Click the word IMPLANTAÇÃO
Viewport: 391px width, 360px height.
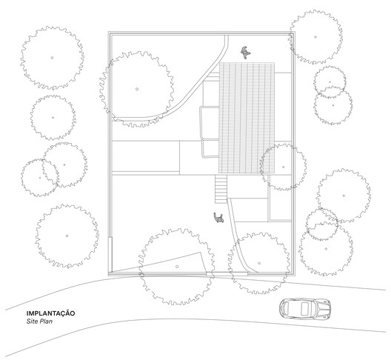pyautogui.click(x=50, y=313)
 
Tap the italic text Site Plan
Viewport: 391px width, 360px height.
pyautogui.click(x=39, y=321)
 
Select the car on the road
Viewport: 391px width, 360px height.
pyautogui.click(x=304, y=309)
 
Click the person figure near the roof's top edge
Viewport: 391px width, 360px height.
pyautogui.click(x=245, y=53)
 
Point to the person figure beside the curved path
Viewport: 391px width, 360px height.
pyautogui.click(x=218, y=218)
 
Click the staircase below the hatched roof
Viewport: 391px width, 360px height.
pyautogui.click(x=221, y=189)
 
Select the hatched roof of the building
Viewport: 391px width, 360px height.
pyautogui.click(x=247, y=118)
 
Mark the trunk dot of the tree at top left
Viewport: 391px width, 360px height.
pyautogui.click(x=52, y=58)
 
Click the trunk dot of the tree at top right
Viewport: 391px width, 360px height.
pyautogui.click(x=315, y=37)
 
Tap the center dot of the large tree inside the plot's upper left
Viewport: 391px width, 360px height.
pyautogui.click(x=137, y=89)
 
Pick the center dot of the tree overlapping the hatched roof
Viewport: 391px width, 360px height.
pyautogui.click(x=284, y=167)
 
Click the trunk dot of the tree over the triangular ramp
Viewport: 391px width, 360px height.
pyautogui.click(x=177, y=267)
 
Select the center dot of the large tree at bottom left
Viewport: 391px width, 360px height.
pyautogui.click(x=67, y=236)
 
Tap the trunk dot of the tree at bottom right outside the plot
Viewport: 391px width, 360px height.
pyautogui.click(x=326, y=248)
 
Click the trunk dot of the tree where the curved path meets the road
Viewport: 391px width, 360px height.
pyautogui.click(x=259, y=263)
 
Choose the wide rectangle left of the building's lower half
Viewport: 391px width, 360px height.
pyautogui.click(x=146, y=156)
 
